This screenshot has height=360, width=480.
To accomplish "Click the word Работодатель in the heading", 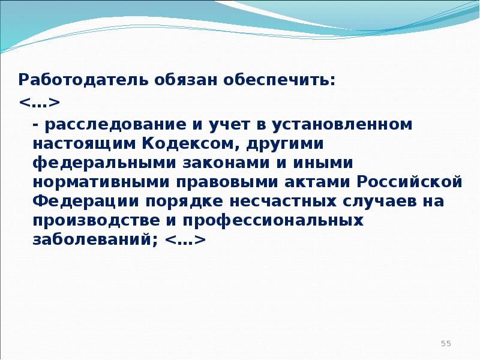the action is pyautogui.click(x=83, y=80).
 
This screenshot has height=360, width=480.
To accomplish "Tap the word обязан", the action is pyautogui.click(x=186, y=80).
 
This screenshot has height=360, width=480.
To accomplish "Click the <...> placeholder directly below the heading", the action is pyautogui.click(x=39, y=103).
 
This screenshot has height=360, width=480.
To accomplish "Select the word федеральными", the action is pyautogui.click(x=104, y=163).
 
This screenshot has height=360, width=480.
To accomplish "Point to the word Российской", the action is pyautogui.click(x=409, y=182).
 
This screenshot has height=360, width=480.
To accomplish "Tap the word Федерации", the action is pyautogui.click(x=86, y=202).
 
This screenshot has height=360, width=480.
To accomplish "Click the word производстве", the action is pyautogui.click(x=96, y=221).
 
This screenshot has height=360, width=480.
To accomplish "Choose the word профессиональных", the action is pyautogui.click(x=273, y=221).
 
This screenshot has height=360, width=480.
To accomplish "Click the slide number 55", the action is pyautogui.click(x=446, y=343).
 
